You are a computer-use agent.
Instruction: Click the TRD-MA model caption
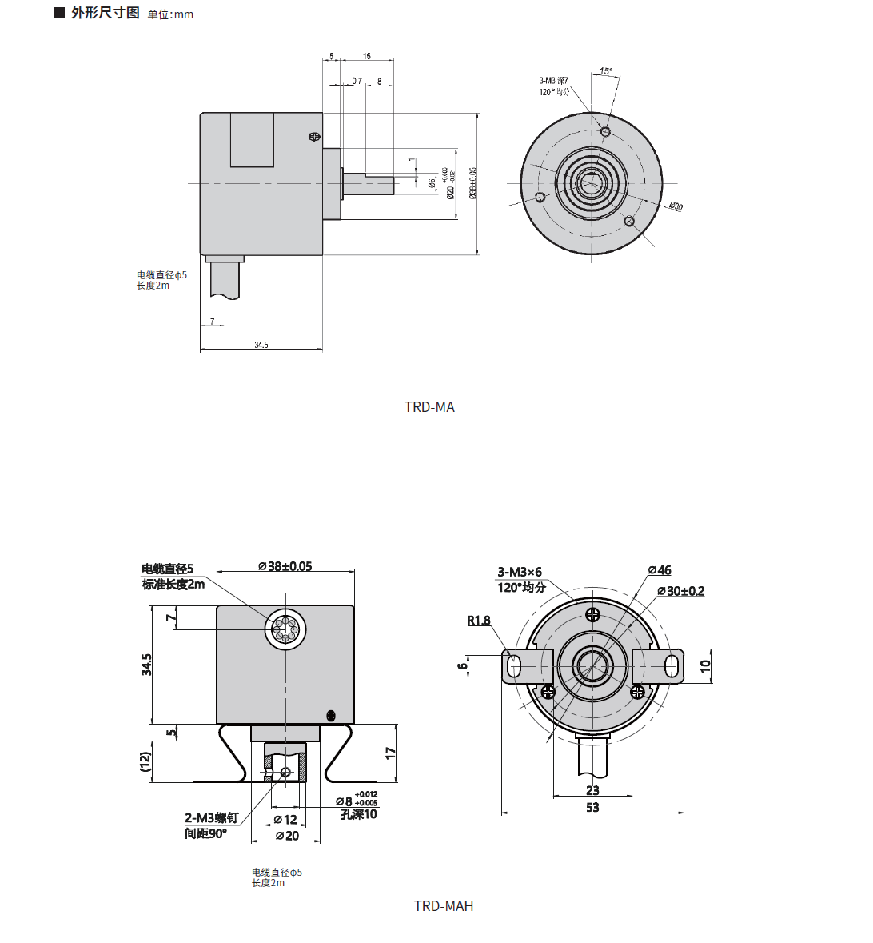[x=429, y=407]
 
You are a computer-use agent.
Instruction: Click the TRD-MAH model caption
[x=444, y=906]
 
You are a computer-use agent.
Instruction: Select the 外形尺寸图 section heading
[x=105, y=14]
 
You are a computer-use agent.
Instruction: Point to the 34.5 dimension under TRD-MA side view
[x=261, y=345]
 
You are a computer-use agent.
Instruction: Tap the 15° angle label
[x=606, y=71]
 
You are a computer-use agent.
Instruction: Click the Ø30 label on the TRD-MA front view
[x=676, y=206]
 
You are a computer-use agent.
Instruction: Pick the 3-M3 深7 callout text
[x=553, y=81]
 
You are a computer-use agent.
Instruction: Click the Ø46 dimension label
[x=660, y=570]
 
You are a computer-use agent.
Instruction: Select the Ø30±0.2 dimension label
[x=680, y=591]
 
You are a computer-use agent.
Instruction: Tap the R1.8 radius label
[x=479, y=621]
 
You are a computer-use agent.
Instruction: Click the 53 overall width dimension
[x=592, y=807]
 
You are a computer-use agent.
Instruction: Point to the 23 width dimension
[x=592, y=790]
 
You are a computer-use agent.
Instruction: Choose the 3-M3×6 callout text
[x=520, y=572]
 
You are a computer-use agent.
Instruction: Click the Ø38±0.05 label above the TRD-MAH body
[x=285, y=566]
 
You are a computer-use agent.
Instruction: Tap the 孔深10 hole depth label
[x=358, y=814]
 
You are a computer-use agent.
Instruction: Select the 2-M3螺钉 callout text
[x=211, y=817]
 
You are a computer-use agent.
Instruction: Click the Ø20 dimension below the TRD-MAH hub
[x=286, y=836]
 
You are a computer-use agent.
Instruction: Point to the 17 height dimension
[x=390, y=753]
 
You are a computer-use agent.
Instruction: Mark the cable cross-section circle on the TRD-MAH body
[x=285, y=629]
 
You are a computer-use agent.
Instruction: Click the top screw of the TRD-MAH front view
[x=592, y=615]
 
